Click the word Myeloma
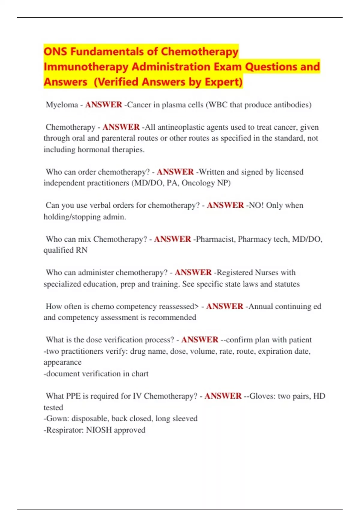point(62,105)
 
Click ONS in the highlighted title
point(56,52)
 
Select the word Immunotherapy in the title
point(86,67)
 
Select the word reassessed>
point(179,306)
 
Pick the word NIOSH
point(99,430)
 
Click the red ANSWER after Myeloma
point(103,105)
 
